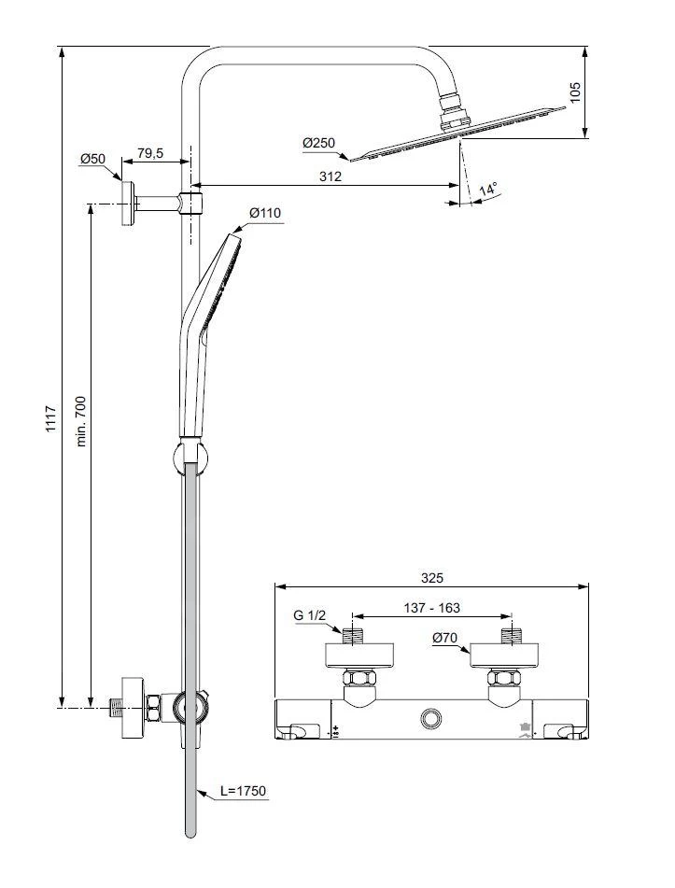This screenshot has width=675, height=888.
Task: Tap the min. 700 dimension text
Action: point(81,421)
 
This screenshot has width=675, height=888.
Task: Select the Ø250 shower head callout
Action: point(318,143)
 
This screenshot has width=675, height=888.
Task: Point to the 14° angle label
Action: point(488,190)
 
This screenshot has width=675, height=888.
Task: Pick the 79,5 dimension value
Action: point(150,154)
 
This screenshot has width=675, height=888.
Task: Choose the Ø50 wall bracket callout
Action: point(91,160)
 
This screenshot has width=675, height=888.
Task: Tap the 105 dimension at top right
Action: point(575,92)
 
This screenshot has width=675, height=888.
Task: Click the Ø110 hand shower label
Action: point(265,213)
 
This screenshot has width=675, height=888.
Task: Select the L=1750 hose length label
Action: point(244,791)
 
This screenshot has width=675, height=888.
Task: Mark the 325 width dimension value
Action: point(431,577)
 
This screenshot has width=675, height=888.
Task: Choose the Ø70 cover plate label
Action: point(444,638)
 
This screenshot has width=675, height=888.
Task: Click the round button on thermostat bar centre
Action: point(431,718)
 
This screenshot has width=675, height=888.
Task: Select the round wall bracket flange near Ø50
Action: point(127,203)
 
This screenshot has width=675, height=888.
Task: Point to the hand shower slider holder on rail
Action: point(190,458)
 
